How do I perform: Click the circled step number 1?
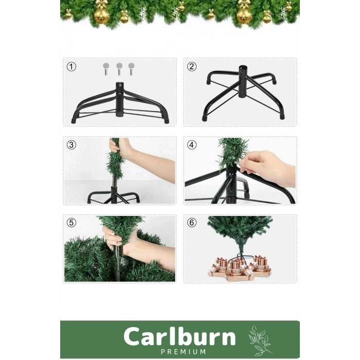pyautogui.click(x=71, y=67)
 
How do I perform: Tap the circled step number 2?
pyautogui.click(x=192, y=67)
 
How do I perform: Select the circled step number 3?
pyautogui.click(x=71, y=145)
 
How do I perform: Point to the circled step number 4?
pyautogui.click(x=192, y=145)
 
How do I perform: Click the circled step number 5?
pyautogui.click(x=71, y=223)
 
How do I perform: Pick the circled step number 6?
pyautogui.click(x=192, y=223)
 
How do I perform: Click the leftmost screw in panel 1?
pyautogui.click(x=106, y=68)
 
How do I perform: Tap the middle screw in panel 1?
pyautogui.click(x=119, y=68)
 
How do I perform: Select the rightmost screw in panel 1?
pyautogui.click(x=131, y=68)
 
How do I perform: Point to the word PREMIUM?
pyautogui.click(x=179, y=352)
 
